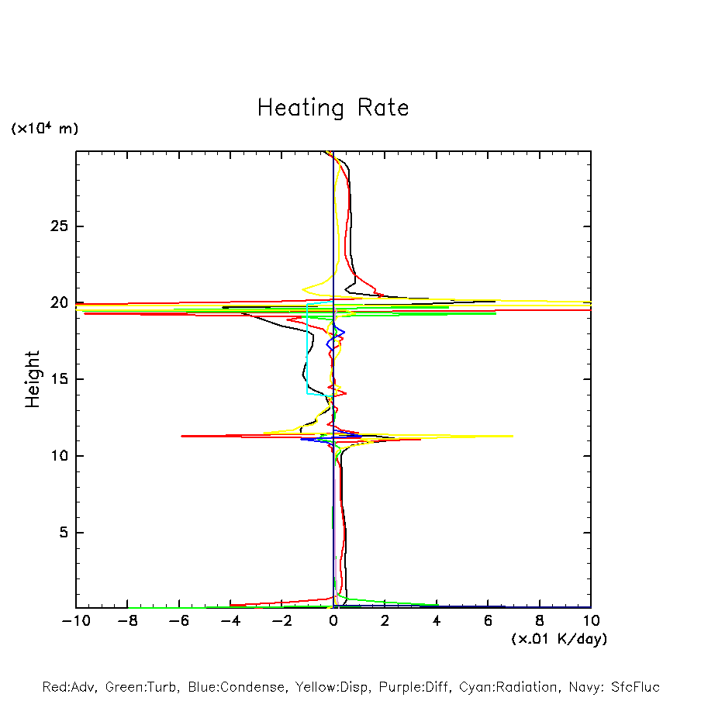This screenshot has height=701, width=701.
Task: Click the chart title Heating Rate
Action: tap(333, 108)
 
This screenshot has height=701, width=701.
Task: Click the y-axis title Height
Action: tap(32, 379)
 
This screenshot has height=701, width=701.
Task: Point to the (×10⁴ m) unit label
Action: tap(44, 129)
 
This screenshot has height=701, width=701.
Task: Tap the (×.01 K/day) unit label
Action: tap(558, 639)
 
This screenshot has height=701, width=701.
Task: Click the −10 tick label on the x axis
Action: tap(75, 621)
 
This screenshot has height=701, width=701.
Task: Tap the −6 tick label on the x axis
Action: tap(178, 621)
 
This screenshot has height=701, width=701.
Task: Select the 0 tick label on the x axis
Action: tap(333, 621)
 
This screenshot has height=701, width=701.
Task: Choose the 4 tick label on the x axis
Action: tap(437, 621)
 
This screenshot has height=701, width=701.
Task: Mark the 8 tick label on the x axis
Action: tap(540, 621)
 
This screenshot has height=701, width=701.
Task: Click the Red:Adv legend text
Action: tap(70, 687)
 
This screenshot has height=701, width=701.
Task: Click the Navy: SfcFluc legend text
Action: tap(613, 687)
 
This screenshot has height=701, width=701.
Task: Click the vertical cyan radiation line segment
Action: tap(307, 349)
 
